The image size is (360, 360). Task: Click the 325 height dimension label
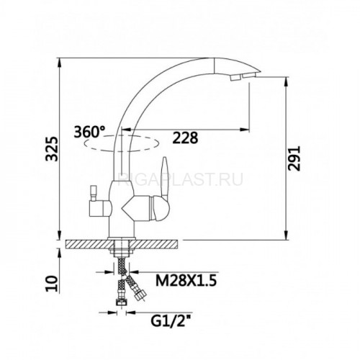(x=52, y=149)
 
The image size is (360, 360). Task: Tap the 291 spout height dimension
(x=294, y=158)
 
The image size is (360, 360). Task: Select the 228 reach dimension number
(x=186, y=138)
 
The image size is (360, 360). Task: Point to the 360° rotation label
(x=89, y=132)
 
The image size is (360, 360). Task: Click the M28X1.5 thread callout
(x=186, y=281)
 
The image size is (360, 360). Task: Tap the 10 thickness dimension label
(x=52, y=284)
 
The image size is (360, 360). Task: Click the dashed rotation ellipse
(x=122, y=143)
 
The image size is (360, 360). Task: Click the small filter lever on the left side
(x=93, y=192)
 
